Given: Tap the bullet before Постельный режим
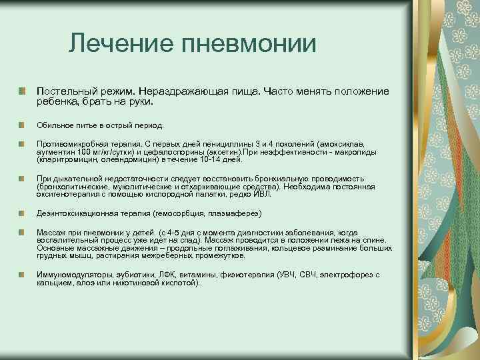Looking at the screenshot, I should pyautogui.click(x=23, y=90).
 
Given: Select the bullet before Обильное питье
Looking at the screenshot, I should pyautogui.click(x=23, y=125).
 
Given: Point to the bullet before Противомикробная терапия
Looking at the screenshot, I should pyautogui.click(x=23, y=143).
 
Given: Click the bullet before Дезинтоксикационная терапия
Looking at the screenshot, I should pyautogui.click(x=23, y=213).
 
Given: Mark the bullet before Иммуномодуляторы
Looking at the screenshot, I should pyautogui.click(x=23, y=274).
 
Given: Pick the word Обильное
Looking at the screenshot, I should pyautogui.click(x=53, y=125).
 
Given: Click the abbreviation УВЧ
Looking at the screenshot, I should pyautogui.click(x=289, y=274).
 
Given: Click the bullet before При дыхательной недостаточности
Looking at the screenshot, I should pyautogui.click(x=23, y=179).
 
